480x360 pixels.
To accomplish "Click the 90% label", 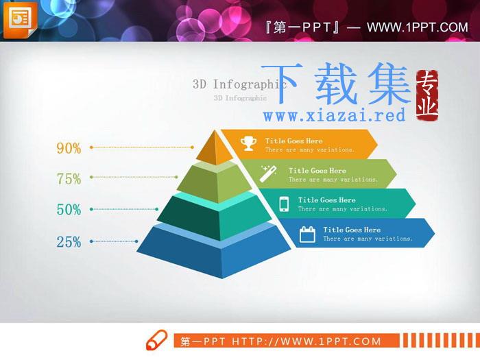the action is pos(69,148).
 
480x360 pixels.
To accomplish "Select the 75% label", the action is pos(69,178).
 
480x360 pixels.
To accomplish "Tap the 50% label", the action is pos(69,210).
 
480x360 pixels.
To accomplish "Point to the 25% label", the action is pos(69,242).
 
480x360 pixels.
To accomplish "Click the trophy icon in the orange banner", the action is pos(248,143).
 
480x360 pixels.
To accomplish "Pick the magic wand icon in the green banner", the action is pos(269,173).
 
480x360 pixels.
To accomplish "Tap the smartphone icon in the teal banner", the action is pos(284,204).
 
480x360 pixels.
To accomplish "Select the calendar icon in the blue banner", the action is pos(307,235).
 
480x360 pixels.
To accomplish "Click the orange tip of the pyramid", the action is pos(215,149).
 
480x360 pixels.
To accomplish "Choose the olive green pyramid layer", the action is pos(214,183).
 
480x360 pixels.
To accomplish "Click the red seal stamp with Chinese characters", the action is pos(427,95).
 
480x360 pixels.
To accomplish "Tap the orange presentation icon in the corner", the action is pos(20,20).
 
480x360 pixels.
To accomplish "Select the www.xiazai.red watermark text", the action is pos(335,115).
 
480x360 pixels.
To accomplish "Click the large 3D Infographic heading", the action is pos(239,84).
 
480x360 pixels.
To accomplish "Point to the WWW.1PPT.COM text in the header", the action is pos(418,27).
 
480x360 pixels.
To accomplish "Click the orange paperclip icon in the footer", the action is pos(156,340).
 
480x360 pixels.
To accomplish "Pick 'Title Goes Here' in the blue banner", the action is pos(352,230).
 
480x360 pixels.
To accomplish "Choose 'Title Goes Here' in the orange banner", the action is pos(294,141).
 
